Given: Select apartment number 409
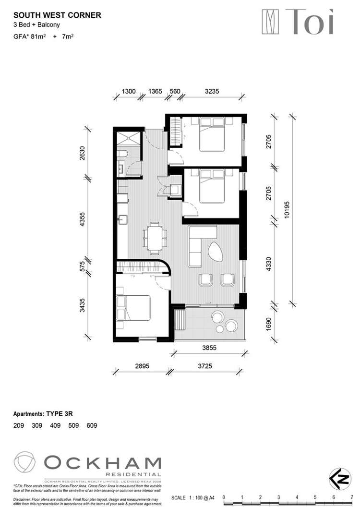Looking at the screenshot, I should [55, 425].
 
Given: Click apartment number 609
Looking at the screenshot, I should [92, 425].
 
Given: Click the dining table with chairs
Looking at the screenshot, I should [154, 238].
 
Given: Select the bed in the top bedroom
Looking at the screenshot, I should [211, 135].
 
